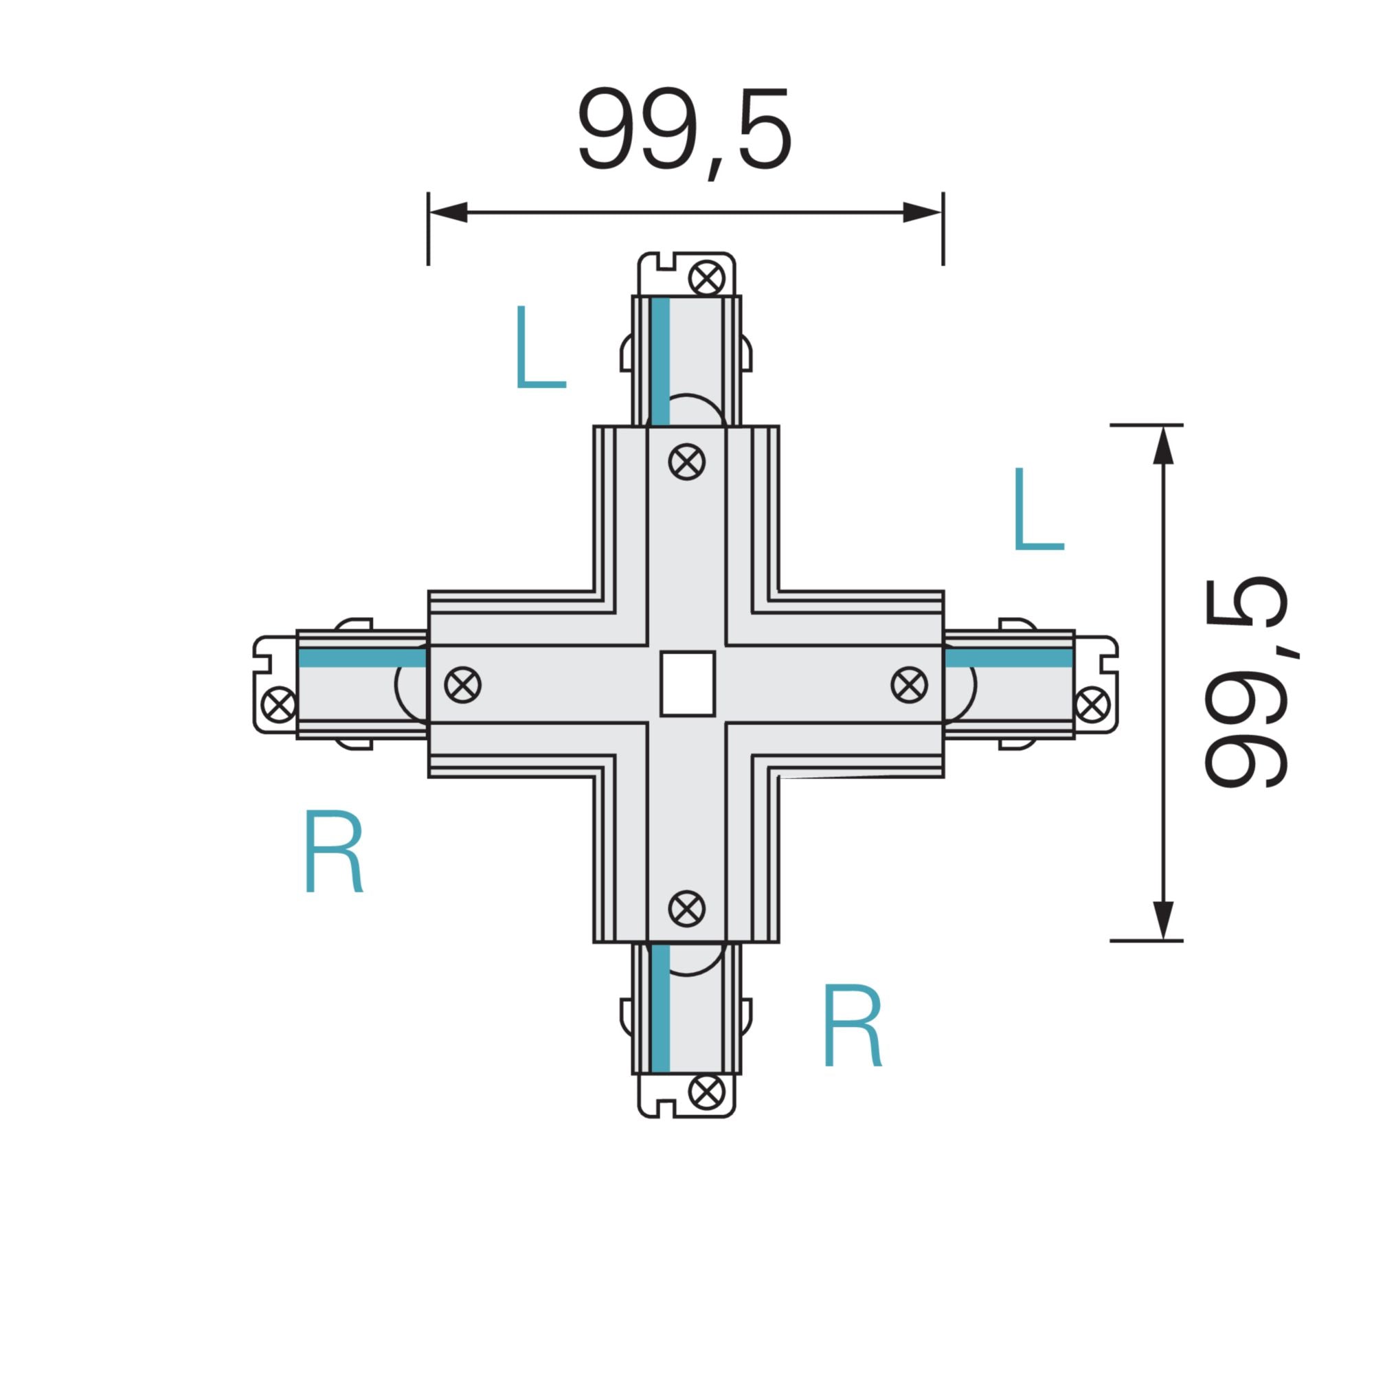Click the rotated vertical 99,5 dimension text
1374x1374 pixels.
pos(1246,684)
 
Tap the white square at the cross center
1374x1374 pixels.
pos(687,684)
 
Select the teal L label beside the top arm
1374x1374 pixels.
pos(540,347)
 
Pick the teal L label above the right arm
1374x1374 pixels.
pos(1037,509)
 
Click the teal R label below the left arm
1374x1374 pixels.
pos(334,850)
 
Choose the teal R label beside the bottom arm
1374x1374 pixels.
pos(852,1025)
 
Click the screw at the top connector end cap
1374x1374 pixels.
pos(707,277)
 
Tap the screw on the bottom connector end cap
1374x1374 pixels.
pos(707,1092)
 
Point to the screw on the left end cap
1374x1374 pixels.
pos(279,704)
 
